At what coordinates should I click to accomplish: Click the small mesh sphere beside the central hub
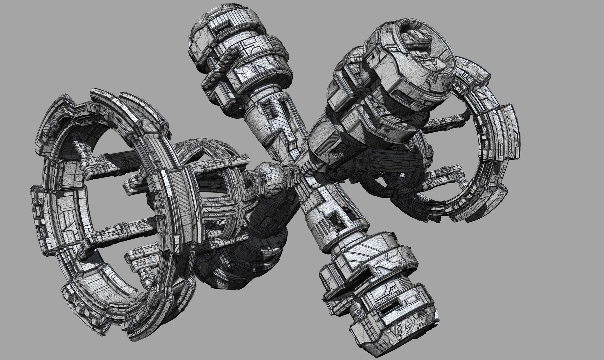(x=270, y=175)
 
